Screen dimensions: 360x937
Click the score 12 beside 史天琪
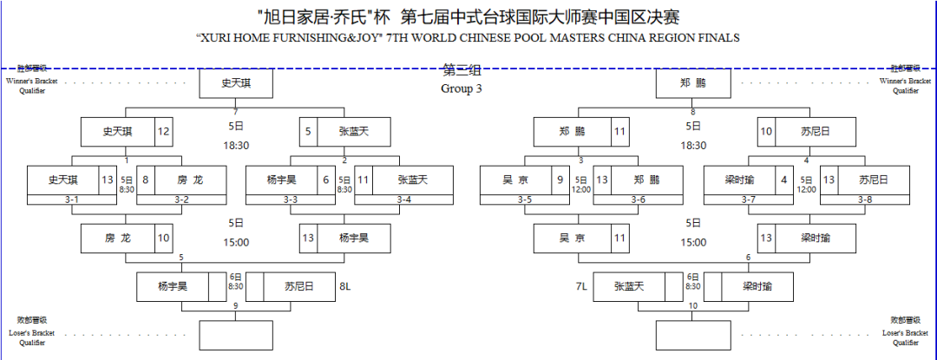click(x=163, y=132)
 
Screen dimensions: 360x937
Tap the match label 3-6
click(x=639, y=200)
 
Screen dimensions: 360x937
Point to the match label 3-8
click(x=864, y=200)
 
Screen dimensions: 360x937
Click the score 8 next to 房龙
click(x=146, y=180)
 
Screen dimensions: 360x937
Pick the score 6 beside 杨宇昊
click(x=325, y=180)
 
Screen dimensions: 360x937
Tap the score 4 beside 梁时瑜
click(x=784, y=180)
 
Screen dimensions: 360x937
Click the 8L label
click(x=344, y=285)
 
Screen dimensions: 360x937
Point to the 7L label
click(x=581, y=285)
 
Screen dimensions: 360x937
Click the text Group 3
click(x=461, y=88)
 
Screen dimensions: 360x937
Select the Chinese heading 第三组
click(x=461, y=70)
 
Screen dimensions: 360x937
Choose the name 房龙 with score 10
click(x=117, y=238)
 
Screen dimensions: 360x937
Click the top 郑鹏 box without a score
click(x=693, y=83)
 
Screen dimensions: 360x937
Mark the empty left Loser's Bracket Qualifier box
click(x=236, y=335)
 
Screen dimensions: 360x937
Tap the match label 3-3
click(x=290, y=200)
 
